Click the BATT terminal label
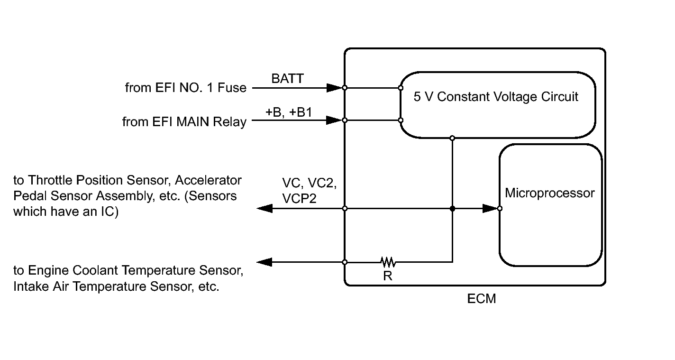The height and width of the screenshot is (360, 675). tap(287, 79)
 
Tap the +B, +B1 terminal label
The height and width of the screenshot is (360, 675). tap(289, 112)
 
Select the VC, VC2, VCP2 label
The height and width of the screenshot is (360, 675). tap(309, 191)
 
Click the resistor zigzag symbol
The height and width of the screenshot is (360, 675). tap(388, 262)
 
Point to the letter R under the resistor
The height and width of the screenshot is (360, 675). tap(388, 276)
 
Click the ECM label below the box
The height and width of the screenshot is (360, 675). tap(481, 299)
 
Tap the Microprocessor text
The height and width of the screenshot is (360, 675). tap(550, 193)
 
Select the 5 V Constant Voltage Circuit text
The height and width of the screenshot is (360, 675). tap(496, 97)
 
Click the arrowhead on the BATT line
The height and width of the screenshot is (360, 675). tap(335, 88)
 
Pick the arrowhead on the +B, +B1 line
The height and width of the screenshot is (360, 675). tap(335, 120)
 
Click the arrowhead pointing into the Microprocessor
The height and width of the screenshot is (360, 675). tap(490, 208)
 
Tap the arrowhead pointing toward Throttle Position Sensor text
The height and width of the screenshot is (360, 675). tap(265, 208)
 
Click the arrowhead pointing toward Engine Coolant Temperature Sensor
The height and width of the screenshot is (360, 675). tap(265, 262)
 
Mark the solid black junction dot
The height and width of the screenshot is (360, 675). tap(452, 208)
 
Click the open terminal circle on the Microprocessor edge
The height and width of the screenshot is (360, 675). tap(500, 208)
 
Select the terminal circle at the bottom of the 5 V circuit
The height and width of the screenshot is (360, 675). tap(452, 138)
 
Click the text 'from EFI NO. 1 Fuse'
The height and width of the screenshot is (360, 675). tap(186, 88)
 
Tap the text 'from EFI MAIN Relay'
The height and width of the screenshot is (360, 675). tap(184, 122)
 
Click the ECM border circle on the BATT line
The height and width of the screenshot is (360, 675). tap(345, 88)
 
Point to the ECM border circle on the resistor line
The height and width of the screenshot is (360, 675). tap(345, 262)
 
